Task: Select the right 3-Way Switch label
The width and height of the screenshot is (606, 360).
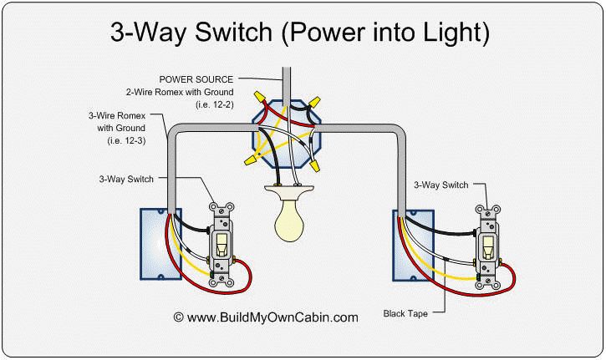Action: [x=440, y=185]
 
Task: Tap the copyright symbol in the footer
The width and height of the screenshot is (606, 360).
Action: [x=178, y=317]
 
